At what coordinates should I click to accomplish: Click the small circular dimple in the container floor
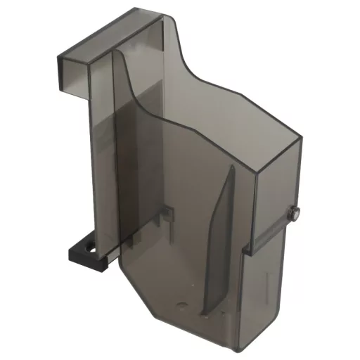184,305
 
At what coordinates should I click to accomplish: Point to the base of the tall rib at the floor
206,313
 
